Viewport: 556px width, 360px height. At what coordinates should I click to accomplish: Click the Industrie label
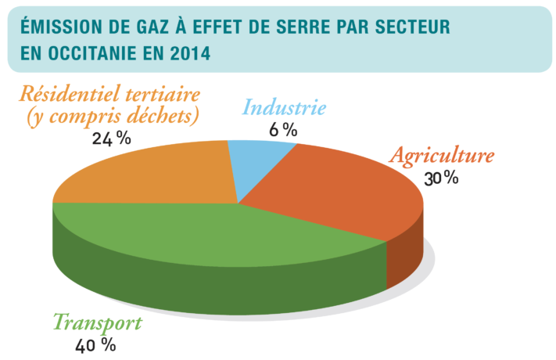point(284,107)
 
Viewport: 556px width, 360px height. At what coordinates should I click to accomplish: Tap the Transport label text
point(98,322)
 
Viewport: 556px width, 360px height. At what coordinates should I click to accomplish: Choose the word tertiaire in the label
point(165,95)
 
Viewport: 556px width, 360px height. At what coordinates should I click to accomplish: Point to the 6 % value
point(283,129)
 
